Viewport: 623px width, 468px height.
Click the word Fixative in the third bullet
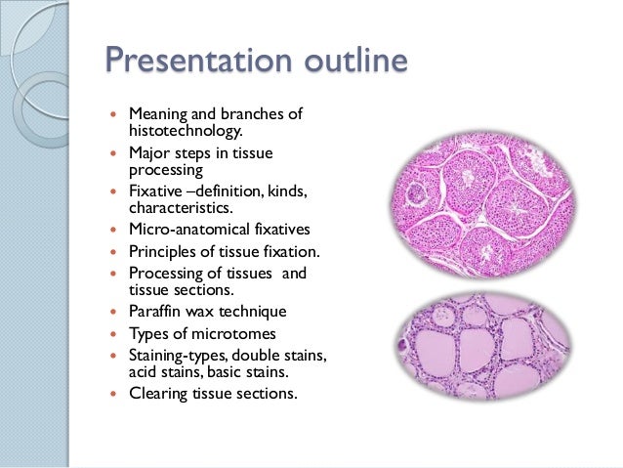155,191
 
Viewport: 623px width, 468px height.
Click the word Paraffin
156,311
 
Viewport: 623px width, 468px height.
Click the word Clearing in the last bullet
158,394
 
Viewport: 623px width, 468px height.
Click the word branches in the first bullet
254,114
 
